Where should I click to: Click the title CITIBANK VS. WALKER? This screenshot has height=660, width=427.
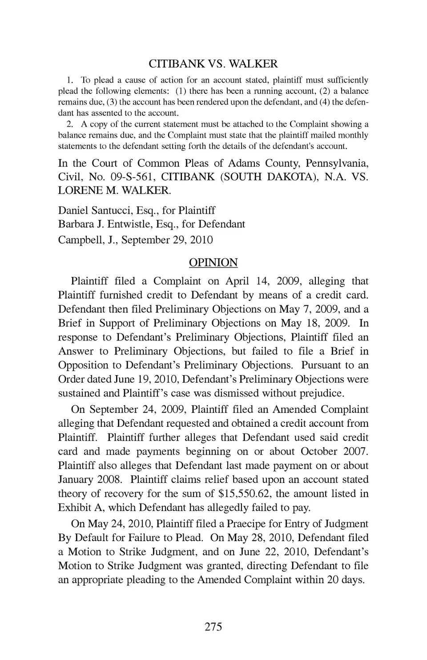213,64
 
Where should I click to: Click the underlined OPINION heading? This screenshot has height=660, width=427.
213,263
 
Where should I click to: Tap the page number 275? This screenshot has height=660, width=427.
213,627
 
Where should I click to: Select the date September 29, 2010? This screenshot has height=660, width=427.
167,240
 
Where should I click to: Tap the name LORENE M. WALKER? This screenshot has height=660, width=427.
114,191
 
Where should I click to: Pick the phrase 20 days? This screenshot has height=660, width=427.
344,580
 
